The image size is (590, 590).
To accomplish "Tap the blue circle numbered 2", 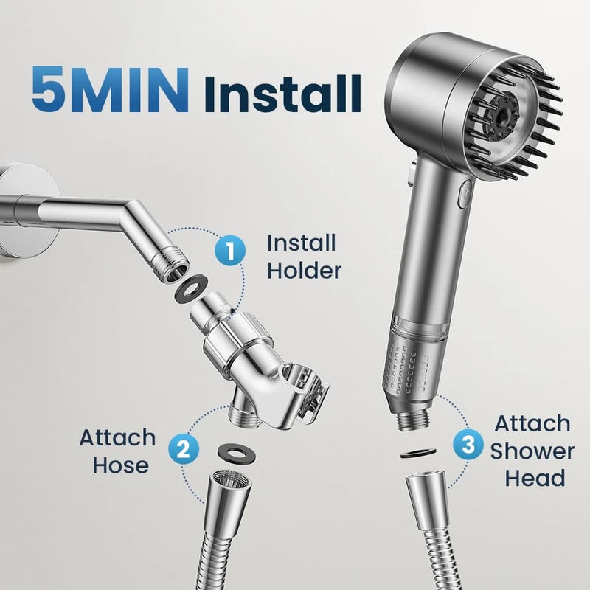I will click(x=182, y=449).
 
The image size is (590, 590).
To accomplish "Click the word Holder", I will click(x=304, y=270).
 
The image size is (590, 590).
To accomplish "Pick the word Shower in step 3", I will click(x=532, y=451).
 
